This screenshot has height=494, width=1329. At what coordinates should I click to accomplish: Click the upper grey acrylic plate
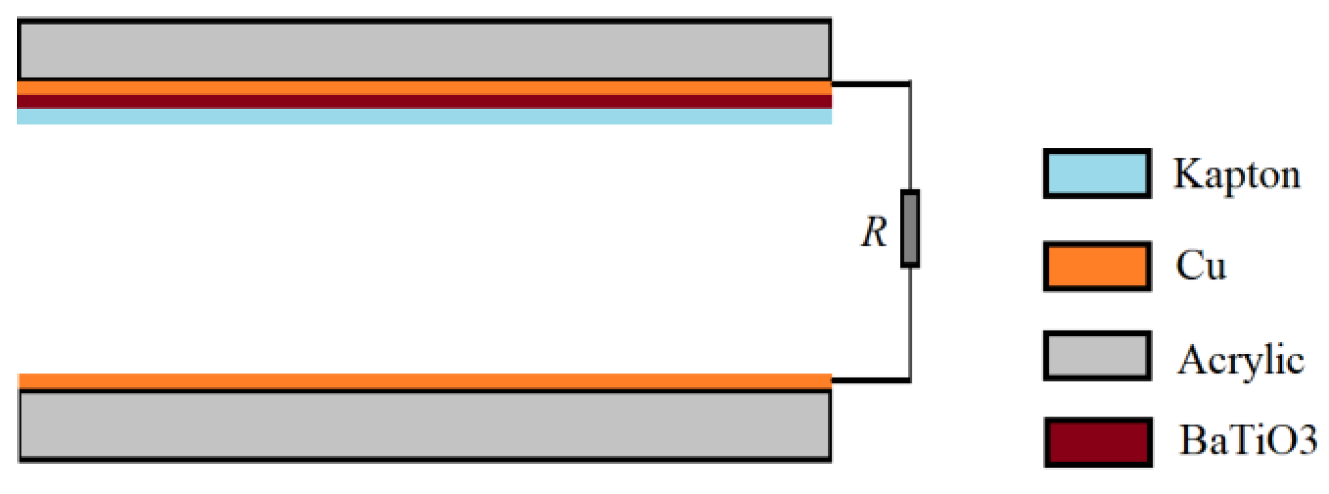(424, 50)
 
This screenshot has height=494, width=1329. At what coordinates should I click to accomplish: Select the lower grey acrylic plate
(424, 425)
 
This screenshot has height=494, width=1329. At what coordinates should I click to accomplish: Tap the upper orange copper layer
(424, 88)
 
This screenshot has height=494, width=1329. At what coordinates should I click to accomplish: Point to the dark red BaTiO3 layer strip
(424, 102)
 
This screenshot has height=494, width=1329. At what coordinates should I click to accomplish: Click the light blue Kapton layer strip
(424, 117)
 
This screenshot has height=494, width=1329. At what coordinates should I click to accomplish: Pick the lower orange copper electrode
(424, 381)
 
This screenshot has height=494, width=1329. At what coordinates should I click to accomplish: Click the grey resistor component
(910, 229)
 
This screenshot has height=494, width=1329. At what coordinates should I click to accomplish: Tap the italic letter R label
(874, 232)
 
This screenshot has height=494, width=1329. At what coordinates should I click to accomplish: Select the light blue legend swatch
(1097, 173)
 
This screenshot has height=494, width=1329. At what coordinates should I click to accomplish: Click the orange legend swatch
(1097, 266)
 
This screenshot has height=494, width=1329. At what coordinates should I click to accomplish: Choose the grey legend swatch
(1097, 356)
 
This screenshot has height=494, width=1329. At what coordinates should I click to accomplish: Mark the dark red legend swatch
(1098, 442)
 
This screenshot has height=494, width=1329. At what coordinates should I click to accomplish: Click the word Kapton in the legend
(1236, 175)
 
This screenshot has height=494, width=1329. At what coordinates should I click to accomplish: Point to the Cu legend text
(1201, 266)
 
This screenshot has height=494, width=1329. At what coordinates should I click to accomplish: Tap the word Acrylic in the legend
(1240, 360)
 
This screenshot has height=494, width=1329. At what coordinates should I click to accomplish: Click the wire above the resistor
(910, 137)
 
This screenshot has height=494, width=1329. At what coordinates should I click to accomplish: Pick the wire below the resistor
(910, 323)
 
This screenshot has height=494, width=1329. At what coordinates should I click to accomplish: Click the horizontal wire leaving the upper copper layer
(870, 84)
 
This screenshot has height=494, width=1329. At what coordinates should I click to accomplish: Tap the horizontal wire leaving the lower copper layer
(870, 379)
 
